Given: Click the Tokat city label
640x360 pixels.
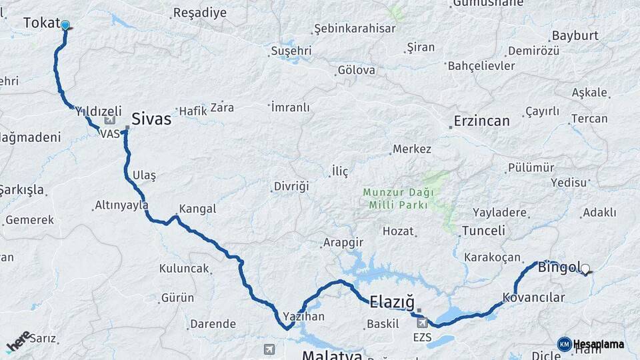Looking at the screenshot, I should click(41, 23).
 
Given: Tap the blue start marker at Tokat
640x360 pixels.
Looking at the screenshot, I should click(65, 26).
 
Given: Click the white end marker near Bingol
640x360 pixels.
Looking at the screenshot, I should click(585, 269).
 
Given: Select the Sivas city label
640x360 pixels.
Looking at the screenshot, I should click(151, 119).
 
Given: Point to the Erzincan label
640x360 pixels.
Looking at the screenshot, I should click(481, 121).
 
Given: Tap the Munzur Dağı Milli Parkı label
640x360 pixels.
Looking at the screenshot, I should click(398, 199).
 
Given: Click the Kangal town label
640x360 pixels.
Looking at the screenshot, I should click(197, 209).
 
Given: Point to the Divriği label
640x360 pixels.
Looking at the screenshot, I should click(291, 187).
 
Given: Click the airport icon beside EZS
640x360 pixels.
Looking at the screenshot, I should click(421, 323).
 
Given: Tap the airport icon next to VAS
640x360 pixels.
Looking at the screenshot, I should click(110, 121).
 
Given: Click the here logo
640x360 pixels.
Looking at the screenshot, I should click(19, 341).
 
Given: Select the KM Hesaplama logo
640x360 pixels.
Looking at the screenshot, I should click(591, 344).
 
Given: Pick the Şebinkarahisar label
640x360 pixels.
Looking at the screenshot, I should click(355, 29).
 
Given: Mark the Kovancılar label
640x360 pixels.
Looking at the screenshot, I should click(533, 298).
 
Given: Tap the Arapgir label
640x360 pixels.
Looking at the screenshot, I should click(343, 243).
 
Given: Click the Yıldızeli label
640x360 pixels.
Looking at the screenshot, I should click(99, 111).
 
